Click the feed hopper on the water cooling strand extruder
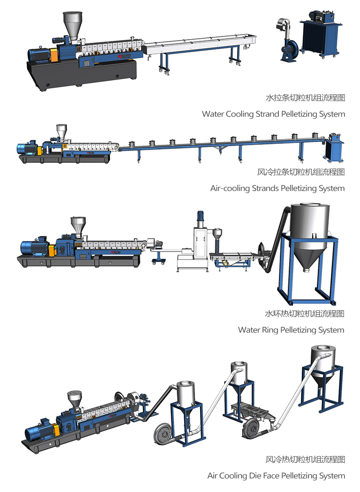(x=72, y=26)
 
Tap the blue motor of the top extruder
(x=39, y=55)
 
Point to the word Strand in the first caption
(x=267, y=114)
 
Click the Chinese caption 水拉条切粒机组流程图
(x=305, y=97)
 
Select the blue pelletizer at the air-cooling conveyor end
(x=334, y=148)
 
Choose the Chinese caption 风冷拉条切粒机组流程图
(x=301, y=172)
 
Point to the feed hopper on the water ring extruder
(x=78, y=226)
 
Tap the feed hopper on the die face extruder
(x=75, y=399)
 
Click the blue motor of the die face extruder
(x=40, y=431)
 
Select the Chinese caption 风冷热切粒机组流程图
(x=305, y=459)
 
